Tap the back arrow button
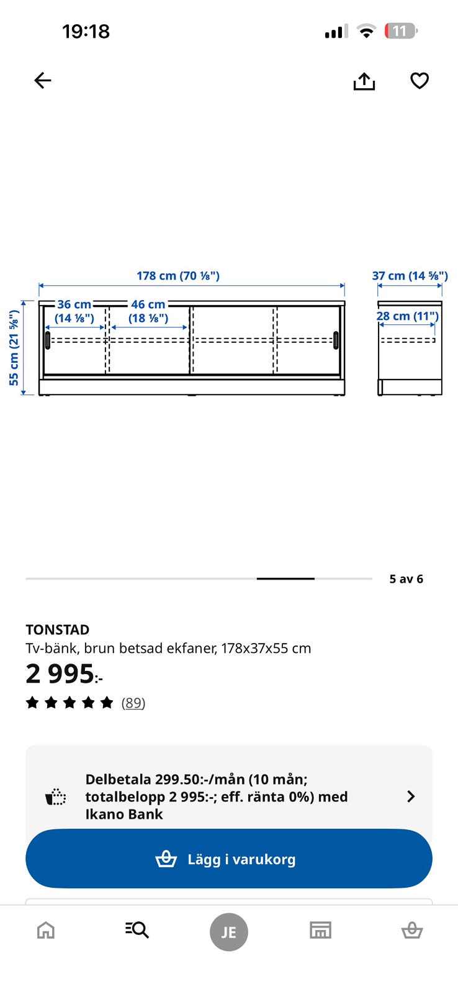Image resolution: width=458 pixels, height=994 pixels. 43,80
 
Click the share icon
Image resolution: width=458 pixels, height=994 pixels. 364,81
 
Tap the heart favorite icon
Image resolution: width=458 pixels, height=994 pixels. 420,81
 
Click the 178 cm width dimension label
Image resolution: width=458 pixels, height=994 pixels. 177,276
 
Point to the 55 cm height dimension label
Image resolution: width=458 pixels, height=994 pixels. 14,347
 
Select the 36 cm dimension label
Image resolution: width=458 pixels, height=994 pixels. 74,311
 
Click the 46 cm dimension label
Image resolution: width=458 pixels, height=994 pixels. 148,311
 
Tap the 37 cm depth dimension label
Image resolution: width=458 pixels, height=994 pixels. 410,276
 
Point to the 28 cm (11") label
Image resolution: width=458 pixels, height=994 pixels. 408,316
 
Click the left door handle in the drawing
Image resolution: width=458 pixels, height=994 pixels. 48,340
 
